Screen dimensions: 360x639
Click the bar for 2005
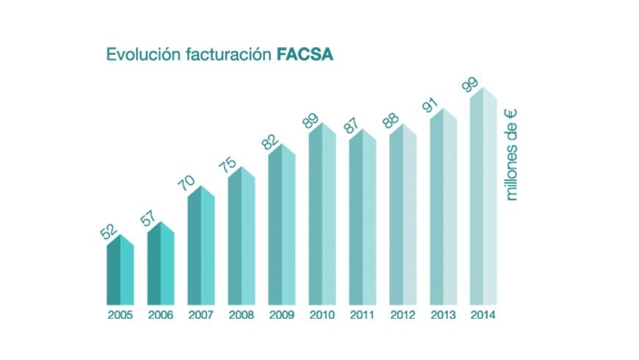(x=120, y=272)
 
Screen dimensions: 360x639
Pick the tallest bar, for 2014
(x=483, y=198)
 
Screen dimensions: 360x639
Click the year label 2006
(x=161, y=315)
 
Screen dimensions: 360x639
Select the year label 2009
(x=281, y=315)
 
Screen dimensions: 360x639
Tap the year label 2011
(x=362, y=315)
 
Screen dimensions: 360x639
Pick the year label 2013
(x=443, y=315)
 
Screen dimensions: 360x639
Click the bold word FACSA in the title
(x=305, y=55)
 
